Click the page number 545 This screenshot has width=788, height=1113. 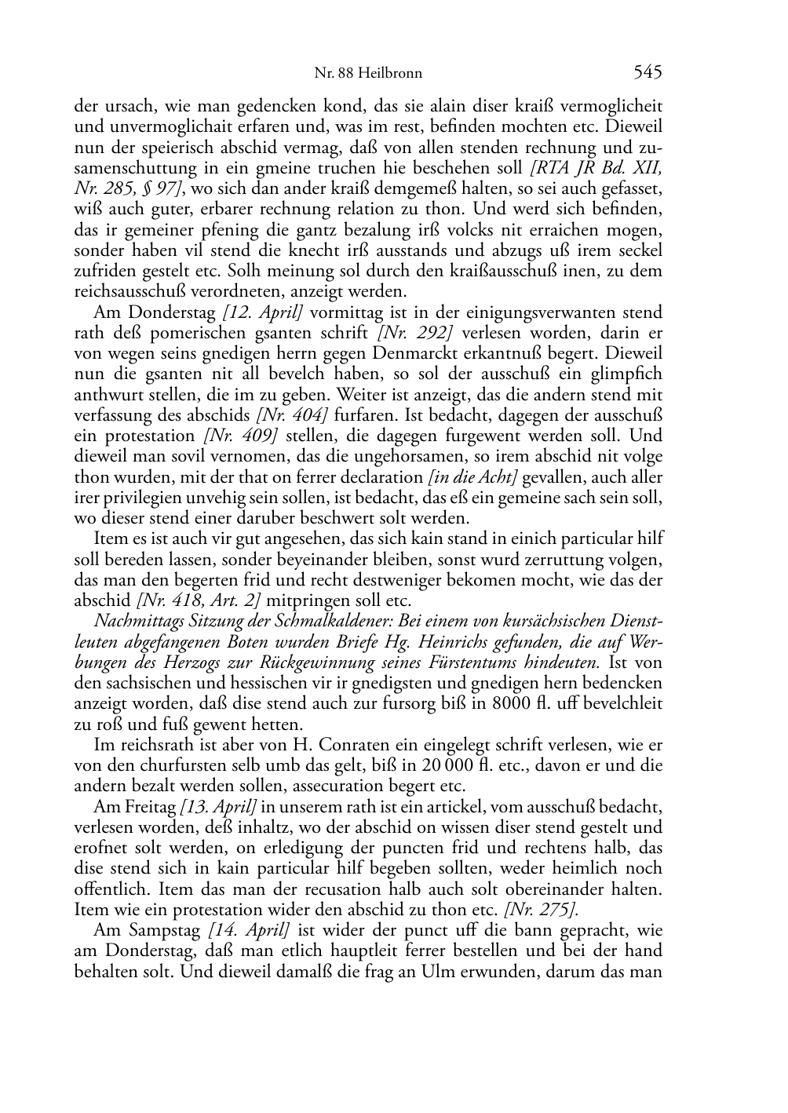(x=648, y=73)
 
